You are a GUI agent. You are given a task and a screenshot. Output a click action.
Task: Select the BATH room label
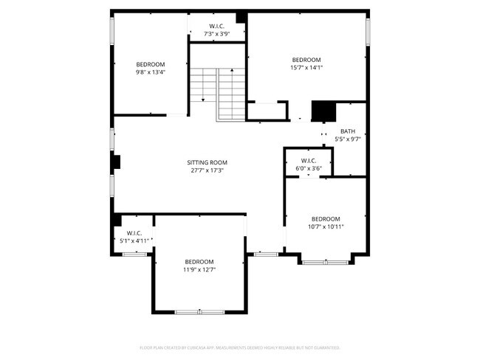tap(347, 131)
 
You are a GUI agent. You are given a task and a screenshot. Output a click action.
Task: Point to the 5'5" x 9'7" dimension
tap(347, 139)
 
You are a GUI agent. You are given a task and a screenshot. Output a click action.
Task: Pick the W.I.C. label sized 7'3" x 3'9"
tap(217, 27)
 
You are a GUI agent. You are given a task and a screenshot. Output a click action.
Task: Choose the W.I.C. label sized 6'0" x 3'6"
tap(309, 161)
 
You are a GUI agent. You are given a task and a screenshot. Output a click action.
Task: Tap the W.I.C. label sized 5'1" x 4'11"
tap(134, 232)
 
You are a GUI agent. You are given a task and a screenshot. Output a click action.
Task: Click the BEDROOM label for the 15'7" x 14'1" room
tap(306, 60)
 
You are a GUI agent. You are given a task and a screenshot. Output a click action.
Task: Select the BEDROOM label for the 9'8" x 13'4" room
tap(150, 64)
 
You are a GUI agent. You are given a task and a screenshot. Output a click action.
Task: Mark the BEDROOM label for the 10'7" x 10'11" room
tap(326, 218)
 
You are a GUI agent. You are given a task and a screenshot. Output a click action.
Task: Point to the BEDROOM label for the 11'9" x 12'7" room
tap(199, 262)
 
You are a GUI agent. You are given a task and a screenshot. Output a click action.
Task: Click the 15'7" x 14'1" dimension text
tap(306, 67)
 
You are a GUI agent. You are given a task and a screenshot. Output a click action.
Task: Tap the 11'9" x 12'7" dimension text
tap(199, 270)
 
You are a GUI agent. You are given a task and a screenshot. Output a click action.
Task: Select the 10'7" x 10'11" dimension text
tap(326, 226)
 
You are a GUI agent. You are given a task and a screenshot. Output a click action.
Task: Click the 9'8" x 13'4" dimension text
tap(150, 72)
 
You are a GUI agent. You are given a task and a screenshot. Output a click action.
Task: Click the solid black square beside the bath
tap(323, 111)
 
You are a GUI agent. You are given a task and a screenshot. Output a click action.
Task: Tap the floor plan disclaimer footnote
tap(239, 347)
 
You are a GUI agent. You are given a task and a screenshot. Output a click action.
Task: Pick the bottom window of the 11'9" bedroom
tap(199, 312)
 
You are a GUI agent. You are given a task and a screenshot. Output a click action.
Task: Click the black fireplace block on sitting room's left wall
tap(115, 162)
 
